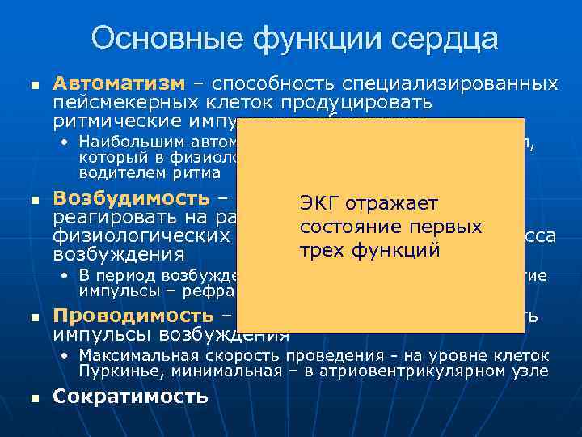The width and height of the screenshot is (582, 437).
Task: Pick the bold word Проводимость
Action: click(133, 315)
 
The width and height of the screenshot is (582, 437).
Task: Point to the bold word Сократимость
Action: click(130, 397)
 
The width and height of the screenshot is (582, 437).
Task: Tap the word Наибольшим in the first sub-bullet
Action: click(124, 142)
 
